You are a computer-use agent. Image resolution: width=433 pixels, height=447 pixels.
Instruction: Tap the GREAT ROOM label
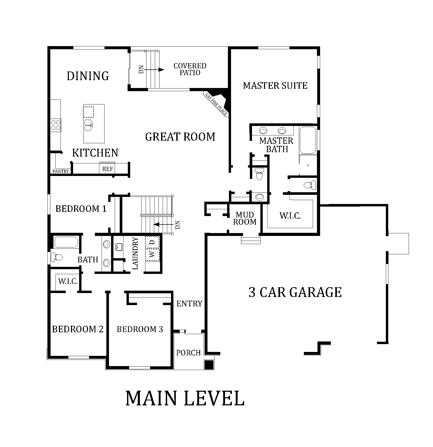(x=180, y=137)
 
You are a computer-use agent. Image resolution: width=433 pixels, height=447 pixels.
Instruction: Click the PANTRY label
(x=61, y=171)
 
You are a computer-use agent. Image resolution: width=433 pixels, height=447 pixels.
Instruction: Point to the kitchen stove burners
(x=56, y=125)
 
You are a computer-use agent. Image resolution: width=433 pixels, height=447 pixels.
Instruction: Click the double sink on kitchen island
(x=88, y=125)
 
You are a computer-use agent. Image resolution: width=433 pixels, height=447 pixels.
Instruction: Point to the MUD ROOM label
(x=245, y=218)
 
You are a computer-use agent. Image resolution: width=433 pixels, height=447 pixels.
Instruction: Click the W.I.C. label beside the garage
(x=290, y=216)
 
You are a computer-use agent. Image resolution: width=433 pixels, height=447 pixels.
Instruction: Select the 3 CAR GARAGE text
(x=295, y=292)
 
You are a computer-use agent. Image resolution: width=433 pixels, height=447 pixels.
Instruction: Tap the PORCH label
(x=188, y=353)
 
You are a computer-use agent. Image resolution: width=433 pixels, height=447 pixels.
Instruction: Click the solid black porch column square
(x=209, y=365)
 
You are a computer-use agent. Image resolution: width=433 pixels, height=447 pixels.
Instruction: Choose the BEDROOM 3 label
(x=140, y=329)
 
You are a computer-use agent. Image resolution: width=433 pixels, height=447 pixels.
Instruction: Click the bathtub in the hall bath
(x=66, y=242)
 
